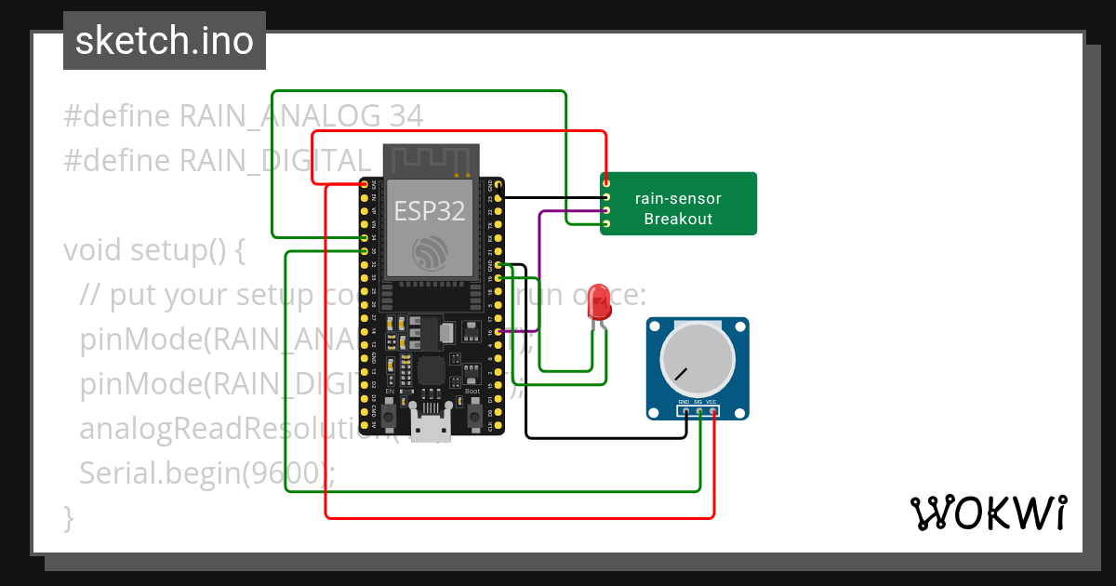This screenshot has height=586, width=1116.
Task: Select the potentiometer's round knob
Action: (697, 363)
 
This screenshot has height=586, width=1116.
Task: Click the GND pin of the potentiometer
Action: (685, 410)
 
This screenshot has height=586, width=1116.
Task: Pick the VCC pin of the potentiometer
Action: (712, 410)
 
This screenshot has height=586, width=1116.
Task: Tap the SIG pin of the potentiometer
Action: (698, 410)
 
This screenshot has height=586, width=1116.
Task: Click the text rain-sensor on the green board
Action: (678, 198)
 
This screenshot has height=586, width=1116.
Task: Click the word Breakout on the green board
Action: (678, 220)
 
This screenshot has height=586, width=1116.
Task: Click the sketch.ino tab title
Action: (165, 41)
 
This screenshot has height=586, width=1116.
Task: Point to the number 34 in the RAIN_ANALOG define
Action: (406, 116)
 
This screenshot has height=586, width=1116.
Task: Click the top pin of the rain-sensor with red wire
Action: (606, 183)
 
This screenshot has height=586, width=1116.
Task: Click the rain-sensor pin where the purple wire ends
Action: (606, 210)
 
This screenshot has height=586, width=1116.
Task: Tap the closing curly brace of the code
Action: (68, 517)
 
